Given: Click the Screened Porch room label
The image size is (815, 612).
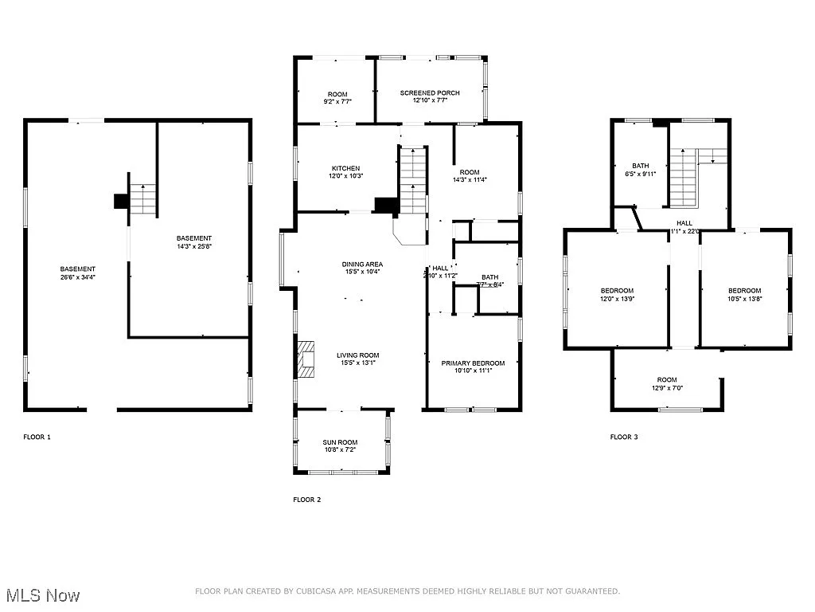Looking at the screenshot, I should pos(430,93).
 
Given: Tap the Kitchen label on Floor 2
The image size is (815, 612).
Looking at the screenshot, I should pos(346,168).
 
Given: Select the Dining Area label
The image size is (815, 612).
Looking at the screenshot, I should pos(363,264).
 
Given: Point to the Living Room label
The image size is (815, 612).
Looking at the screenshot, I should pos(357,355).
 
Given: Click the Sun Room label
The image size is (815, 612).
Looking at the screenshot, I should pos(340,442).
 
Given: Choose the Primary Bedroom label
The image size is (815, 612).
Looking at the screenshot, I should pos(473,363).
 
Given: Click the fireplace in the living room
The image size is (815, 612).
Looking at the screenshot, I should pos(305,359).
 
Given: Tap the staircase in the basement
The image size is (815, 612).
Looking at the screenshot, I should pos(142,199).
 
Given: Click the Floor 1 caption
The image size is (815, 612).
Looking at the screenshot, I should pos(37,437).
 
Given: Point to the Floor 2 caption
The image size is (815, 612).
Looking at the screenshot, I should pos(307,500).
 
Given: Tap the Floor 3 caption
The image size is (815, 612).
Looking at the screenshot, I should pos(624,437).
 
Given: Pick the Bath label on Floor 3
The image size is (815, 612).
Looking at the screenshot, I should pos(641,166).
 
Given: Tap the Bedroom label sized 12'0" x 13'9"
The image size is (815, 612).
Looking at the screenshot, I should pos(617,290).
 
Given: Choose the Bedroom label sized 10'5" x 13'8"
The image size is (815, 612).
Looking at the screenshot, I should pos(745,290).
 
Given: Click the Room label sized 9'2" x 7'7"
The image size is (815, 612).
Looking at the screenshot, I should pos(337,95).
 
